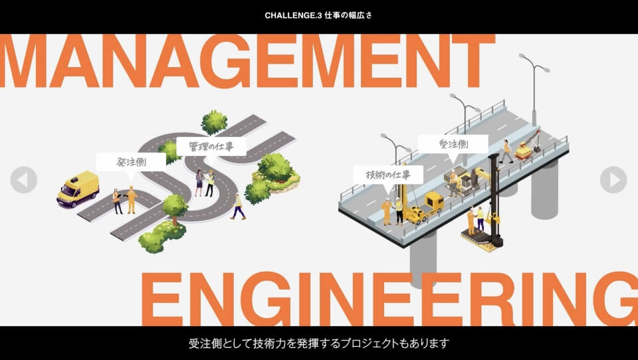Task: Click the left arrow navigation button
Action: coord(24,180)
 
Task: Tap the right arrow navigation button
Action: coord(613,180)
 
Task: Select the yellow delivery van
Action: coord(78,189)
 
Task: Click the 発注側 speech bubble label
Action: coord(131,162)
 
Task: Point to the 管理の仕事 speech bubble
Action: coord(211,146)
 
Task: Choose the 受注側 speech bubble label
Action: coord(453,144)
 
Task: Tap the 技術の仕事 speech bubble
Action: coord(388,175)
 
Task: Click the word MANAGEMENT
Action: coord(247,61)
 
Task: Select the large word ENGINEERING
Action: coord(389,299)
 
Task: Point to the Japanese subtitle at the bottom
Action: coord(319,343)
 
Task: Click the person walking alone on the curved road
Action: coord(238,207)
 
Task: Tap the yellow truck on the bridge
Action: coord(425,207)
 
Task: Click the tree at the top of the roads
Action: coord(214,122)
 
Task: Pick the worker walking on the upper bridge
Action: coord(506,151)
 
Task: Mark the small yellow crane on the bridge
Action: coord(528,146)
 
